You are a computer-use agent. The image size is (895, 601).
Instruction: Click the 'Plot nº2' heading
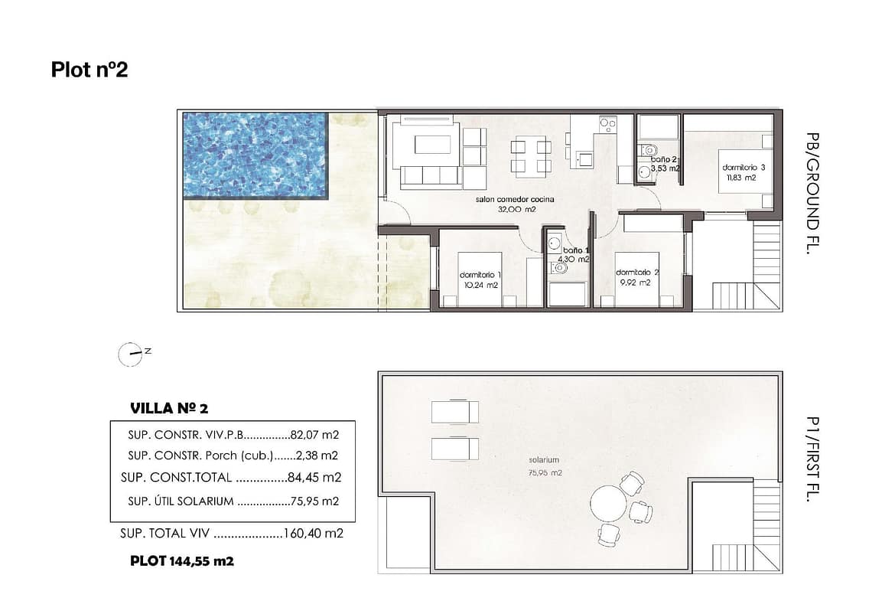coord(89,70)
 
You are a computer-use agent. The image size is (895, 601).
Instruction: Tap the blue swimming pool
coord(255,155)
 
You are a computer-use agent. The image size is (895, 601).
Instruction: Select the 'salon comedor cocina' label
coord(515,199)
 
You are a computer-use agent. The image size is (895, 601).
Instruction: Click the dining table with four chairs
coord(531,156)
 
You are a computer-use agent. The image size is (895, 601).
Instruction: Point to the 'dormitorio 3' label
coord(744,168)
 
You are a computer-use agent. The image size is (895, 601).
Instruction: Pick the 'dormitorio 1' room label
coord(480,275)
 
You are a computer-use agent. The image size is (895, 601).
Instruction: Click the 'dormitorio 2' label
coord(637,273)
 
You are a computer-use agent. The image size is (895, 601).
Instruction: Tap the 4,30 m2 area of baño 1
coord(573,260)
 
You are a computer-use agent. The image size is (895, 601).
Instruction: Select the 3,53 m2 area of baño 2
coord(666,168)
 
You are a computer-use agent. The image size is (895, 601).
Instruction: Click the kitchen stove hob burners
coord(608,124)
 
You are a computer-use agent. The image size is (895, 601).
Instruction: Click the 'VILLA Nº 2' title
coord(169,408)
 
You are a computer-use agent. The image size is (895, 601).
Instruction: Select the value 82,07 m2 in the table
coord(314,435)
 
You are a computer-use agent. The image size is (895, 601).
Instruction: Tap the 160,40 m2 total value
coord(314,534)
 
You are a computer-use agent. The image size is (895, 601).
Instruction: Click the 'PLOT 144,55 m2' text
coord(182,561)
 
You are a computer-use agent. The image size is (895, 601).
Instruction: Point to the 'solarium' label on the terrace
coord(544,460)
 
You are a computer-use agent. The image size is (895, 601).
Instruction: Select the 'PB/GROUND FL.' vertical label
coord(813,194)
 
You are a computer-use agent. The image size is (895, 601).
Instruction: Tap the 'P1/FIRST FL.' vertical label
coord(812,459)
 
